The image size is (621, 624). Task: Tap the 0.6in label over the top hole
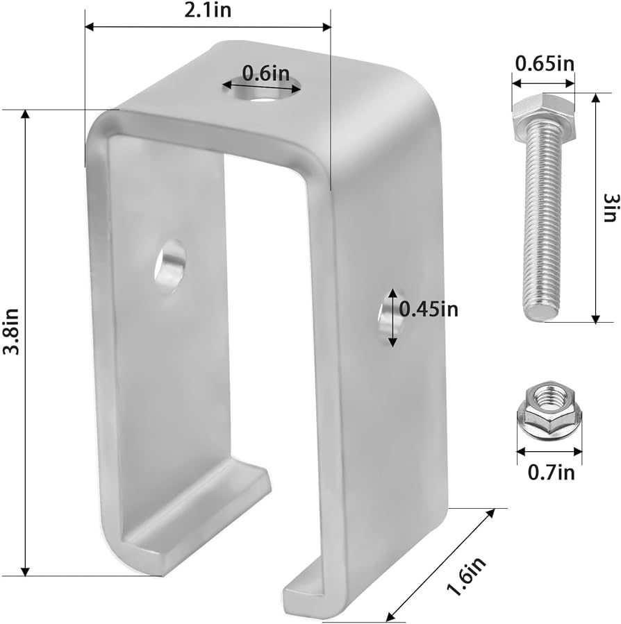[x=265, y=72]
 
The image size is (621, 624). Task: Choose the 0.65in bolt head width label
[x=544, y=64]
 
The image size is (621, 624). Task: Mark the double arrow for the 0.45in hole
[x=392, y=317]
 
